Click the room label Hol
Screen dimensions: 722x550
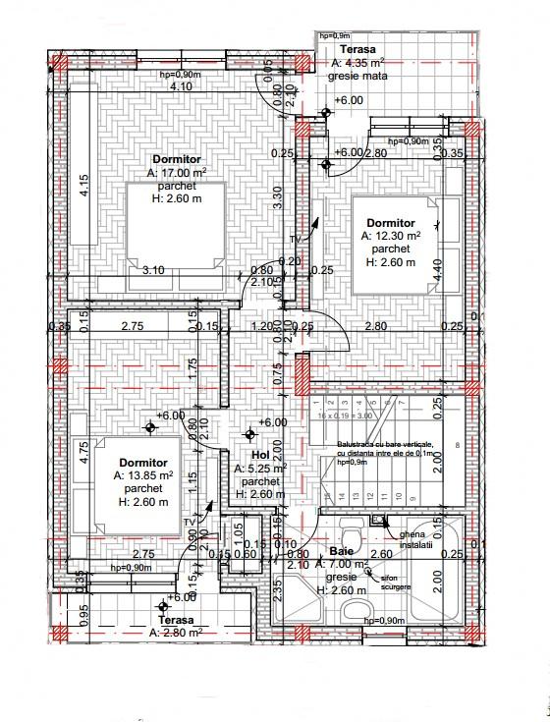click(x=260, y=457)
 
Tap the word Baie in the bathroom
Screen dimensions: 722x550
click(x=341, y=552)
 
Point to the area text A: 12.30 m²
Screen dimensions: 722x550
click(x=391, y=237)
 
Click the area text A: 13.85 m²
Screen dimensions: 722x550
click(x=143, y=475)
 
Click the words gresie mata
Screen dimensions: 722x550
click(x=359, y=75)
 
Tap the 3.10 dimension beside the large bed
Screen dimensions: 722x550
click(x=152, y=270)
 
